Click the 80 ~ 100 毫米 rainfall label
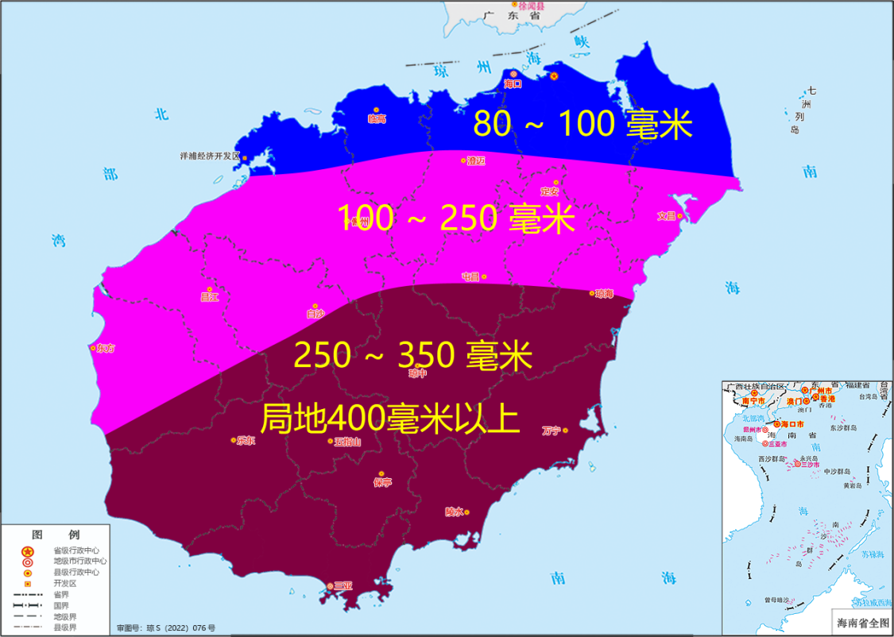[583, 125]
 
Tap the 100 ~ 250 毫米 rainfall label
[456, 218]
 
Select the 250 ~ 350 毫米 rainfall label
[412, 355]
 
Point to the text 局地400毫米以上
[391, 418]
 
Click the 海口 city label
[513, 83]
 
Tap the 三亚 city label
[343, 585]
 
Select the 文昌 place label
[666, 216]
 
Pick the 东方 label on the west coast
[105, 348]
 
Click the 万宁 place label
[551, 430]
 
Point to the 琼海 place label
[604, 294]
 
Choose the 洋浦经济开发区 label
[210, 156]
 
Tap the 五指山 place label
[347, 442]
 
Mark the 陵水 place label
[454, 512]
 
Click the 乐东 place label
[246, 441]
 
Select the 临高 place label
[377, 119]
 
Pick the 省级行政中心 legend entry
[76, 550]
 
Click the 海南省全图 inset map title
[857, 622]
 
